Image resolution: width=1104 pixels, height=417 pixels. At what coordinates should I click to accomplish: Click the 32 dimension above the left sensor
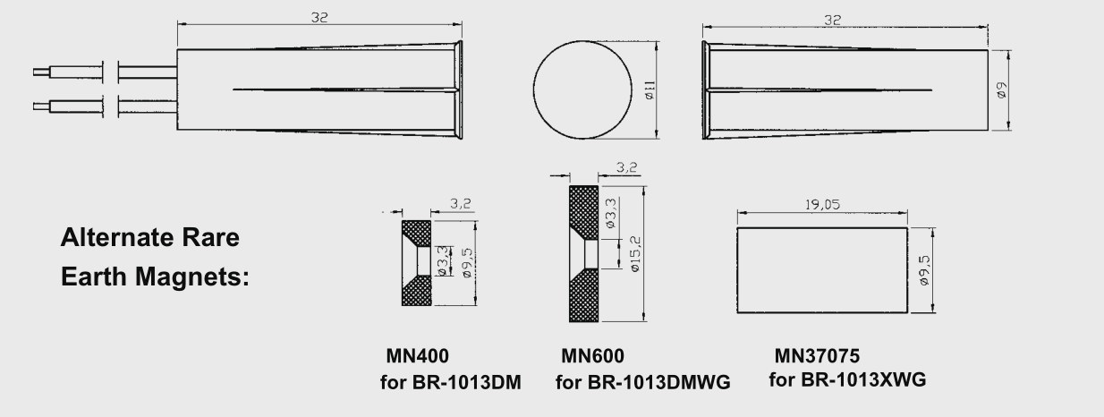[318, 18]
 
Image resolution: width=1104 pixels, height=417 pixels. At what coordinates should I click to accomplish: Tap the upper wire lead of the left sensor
[67, 67]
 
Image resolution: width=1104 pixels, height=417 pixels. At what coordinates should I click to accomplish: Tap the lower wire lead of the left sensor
[67, 106]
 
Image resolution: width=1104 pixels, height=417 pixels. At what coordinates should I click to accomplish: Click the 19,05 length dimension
[821, 204]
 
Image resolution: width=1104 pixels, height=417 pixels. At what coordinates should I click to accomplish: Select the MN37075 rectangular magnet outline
[821, 269]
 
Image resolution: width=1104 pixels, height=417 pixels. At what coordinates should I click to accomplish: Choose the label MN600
[591, 355]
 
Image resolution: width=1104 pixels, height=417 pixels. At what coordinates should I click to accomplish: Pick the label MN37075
[822, 354]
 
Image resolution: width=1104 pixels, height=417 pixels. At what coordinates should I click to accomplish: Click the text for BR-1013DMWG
[643, 383]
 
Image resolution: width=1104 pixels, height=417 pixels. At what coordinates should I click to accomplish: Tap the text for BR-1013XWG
[847, 380]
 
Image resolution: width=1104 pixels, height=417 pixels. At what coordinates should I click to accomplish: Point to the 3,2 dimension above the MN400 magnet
[461, 204]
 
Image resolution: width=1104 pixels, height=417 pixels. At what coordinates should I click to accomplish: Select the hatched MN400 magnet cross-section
[417, 291]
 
